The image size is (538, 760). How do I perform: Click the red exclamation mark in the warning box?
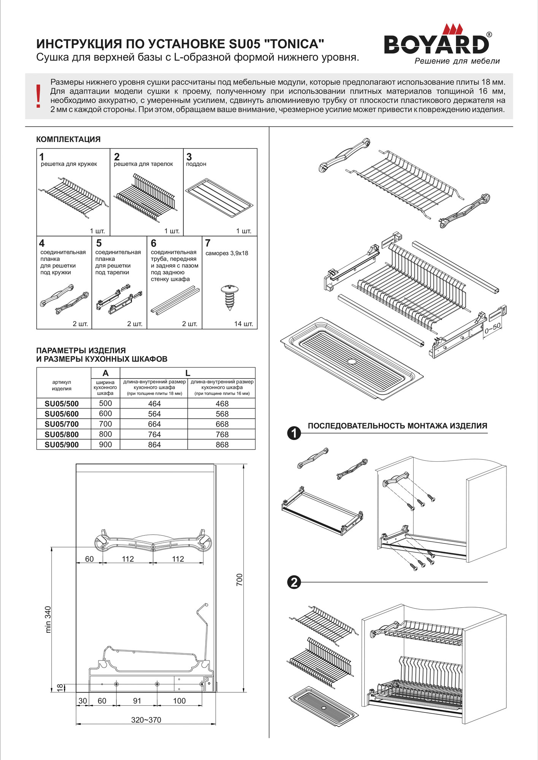38,96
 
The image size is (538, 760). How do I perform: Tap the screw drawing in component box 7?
229,297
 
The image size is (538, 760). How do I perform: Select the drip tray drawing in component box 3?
219,198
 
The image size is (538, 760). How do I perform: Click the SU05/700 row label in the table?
62,424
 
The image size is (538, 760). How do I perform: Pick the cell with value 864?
154,445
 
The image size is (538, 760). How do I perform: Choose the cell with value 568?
222,414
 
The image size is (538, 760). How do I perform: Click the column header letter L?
187,373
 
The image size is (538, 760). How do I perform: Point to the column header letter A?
105,373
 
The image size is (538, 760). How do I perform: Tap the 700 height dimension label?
239,579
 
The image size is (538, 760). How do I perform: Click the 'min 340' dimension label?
48,619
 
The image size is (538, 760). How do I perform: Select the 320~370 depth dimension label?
146,720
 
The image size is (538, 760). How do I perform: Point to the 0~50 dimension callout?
493,328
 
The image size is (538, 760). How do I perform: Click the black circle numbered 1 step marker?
294,433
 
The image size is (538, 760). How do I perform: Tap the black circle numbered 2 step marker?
294,582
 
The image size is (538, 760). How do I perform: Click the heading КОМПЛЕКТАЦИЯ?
68,139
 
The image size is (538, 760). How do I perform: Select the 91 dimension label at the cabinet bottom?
137,701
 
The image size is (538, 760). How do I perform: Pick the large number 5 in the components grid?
99,243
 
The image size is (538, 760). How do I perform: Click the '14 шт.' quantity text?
243,324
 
